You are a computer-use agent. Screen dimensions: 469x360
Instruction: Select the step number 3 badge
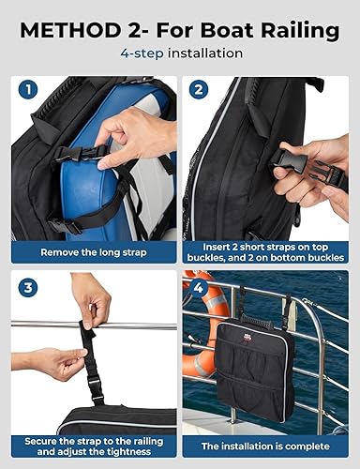point(28,288)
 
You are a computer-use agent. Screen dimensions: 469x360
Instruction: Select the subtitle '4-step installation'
point(180,54)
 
